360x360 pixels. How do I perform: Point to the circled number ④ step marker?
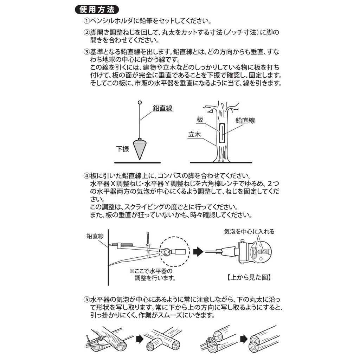(x=86, y=176)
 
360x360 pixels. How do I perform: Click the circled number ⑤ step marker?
(x=86, y=300)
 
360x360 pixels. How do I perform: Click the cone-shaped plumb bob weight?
(x=140, y=148)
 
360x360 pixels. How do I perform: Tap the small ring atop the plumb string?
(x=140, y=103)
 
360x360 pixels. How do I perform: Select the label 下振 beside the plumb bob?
(x=123, y=149)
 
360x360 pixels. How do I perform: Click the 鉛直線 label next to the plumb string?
(x=163, y=108)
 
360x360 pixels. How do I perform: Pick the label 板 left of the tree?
(x=200, y=120)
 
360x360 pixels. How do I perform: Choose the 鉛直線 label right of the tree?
(x=245, y=121)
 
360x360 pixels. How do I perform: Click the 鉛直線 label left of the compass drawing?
(x=95, y=236)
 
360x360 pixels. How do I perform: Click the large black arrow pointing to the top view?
(x=199, y=251)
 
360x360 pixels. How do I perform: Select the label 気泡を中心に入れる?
(x=249, y=231)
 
